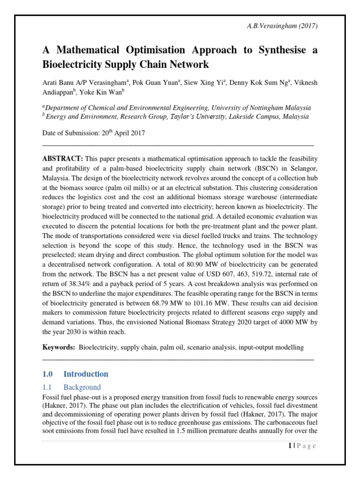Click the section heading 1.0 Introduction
pyautogui.click(x=75, y=374)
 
